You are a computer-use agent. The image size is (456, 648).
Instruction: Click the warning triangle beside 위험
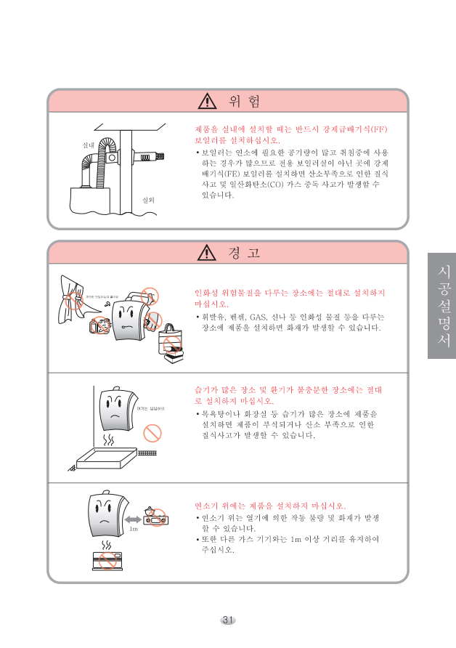click(x=208, y=100)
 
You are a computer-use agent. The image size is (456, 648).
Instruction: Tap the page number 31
click(x=228, y=620)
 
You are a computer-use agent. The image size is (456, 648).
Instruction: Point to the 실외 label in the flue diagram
click(x=149, y=198)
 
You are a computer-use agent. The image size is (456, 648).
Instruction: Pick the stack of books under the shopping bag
click(x=173, y=353)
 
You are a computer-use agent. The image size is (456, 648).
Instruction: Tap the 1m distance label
click(x=134, y=529)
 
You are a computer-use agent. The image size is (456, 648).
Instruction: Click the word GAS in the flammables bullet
click(x=258, y=317)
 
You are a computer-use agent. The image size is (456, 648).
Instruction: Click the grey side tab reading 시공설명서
click(x=441, y=305)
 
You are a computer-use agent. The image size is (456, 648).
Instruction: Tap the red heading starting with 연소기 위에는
click(x=270, y=505)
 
